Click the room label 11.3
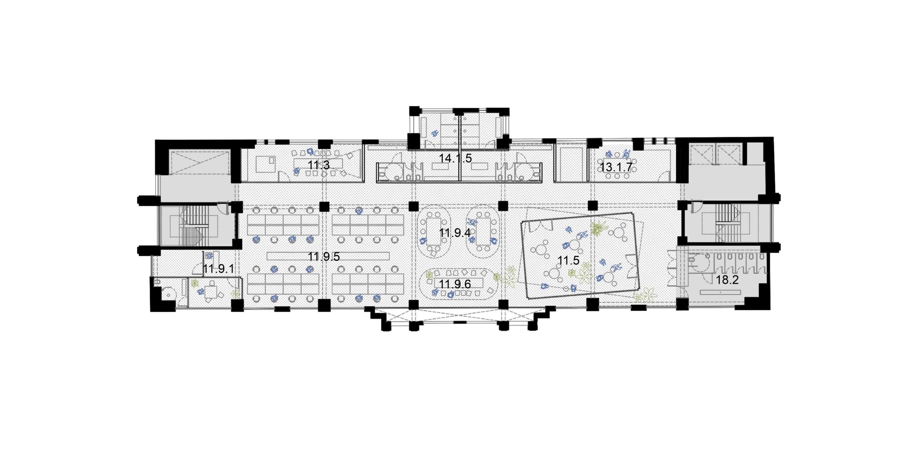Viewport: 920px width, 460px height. point(319,165)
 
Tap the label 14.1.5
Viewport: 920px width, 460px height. point(455,158)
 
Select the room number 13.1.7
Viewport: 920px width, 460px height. point(616,167)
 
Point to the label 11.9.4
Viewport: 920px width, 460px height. point(455,233)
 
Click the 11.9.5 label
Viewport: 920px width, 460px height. point(324,257)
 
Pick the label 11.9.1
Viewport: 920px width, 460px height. point(218,269)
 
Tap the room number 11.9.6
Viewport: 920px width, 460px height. point(455,284)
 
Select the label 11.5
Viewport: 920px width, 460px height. point(569,261)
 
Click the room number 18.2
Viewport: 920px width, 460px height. point(727,280)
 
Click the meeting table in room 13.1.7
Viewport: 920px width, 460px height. point(616,167)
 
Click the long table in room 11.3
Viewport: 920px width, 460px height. point(318,164)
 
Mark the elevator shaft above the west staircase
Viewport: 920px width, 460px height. point(199,163)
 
